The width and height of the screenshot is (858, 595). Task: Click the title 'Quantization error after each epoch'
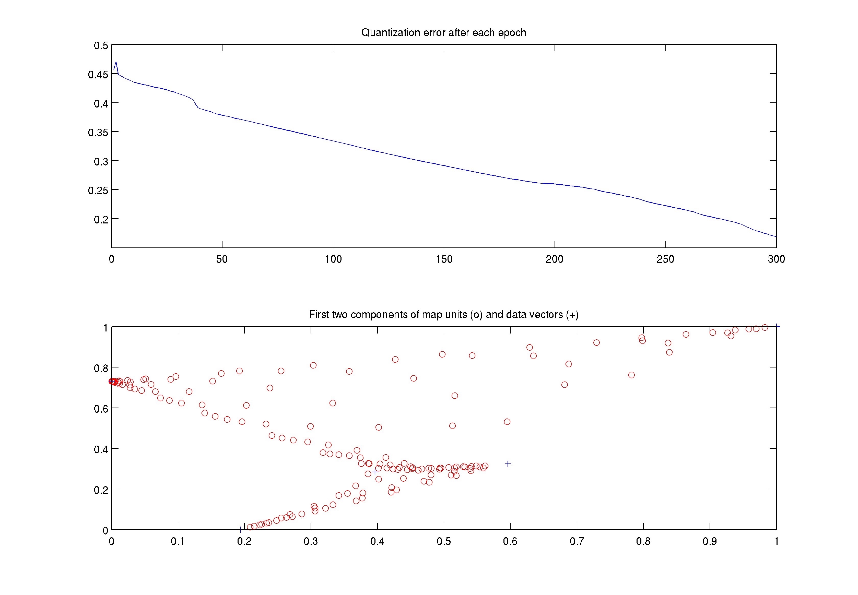pyautogui.click(x=443, y=33)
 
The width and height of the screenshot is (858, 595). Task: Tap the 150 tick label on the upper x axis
pyautogui.click(x=444, y=259)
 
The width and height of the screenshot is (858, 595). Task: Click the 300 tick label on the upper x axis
pyautogui.click(x=776, y=259)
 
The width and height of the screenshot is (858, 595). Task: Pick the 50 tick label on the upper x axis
pyautogui.click(x=222, y=259)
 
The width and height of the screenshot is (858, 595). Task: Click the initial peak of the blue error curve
pyautogui.click(x=116, y=62)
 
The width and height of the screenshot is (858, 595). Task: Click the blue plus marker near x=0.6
pyautogui.click(x=508, y=464)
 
